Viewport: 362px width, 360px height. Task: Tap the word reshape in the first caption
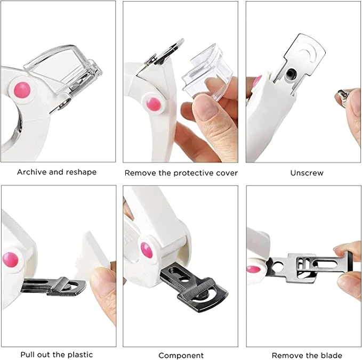81,172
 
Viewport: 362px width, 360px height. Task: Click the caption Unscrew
307,173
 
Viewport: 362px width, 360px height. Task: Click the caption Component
181,355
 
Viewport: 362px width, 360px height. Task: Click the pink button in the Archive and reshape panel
22,90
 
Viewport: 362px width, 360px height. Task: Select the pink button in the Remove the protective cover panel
153,104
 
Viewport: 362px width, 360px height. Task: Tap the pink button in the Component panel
147,250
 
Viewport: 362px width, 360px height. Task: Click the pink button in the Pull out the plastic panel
10,260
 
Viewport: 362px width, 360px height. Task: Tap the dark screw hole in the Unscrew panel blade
289,74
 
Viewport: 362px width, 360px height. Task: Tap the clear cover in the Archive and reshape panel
63,67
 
